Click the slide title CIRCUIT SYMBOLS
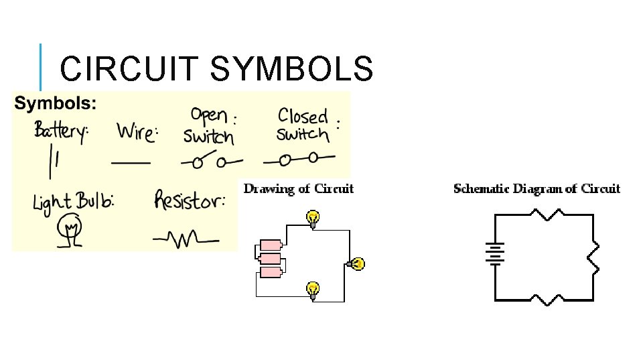point(216,68)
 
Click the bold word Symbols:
point(56,104)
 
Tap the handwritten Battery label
point(61,131)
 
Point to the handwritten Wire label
point(137,131)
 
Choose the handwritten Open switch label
point(210,126)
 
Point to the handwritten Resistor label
point(189,200)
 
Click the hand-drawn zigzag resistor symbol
point(185,238)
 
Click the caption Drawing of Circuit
point(298,188)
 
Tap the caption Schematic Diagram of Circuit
point(537,188)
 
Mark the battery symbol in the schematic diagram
point(495,254)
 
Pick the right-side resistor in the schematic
point(593,257)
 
